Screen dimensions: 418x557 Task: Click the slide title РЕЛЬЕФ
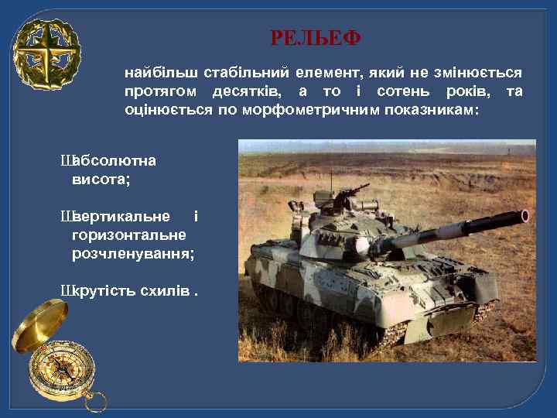[x=316, y=37]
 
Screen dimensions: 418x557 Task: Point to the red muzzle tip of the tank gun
[x=526, y=216]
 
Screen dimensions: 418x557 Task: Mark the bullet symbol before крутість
[x=66, y=290]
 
